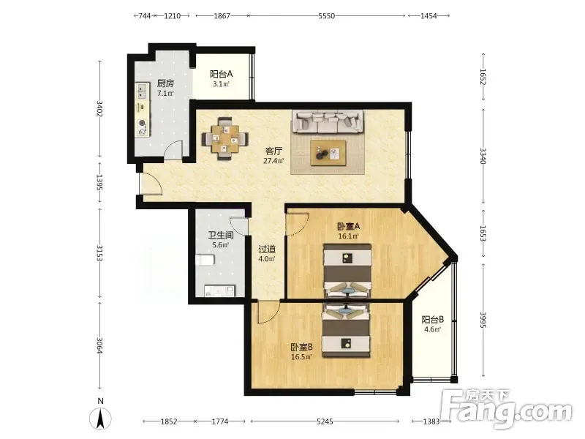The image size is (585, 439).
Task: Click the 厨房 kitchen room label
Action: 165,83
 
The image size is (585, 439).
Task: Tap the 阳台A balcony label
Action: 222,74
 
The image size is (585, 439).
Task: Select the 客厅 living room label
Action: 273,151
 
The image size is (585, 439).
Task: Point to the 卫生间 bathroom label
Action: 221,235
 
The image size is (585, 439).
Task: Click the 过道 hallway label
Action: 267,249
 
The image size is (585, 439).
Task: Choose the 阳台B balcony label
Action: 433,320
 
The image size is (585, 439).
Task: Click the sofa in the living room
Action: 328,121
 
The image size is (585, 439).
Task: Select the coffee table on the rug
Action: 328,153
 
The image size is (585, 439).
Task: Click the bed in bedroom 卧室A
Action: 348,271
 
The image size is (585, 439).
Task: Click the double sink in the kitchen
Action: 142,91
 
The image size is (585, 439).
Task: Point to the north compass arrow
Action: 100,419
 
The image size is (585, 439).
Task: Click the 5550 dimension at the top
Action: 326,15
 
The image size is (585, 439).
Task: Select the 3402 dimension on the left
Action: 99,108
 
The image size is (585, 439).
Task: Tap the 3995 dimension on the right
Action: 483,320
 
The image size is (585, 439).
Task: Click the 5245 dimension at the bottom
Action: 325,421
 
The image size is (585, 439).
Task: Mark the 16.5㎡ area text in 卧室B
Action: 301,357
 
